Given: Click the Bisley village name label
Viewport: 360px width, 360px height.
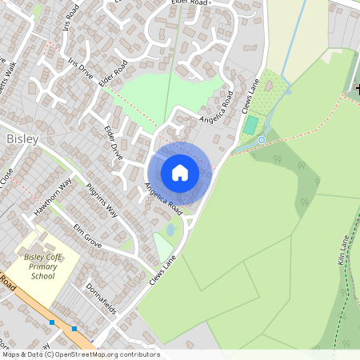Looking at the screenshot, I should coord(22,139).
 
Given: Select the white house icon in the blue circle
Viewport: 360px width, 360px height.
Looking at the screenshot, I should coord(179,172).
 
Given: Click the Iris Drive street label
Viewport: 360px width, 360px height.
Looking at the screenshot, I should coord(81,70).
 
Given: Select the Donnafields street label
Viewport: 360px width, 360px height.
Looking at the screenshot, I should coord(101,298).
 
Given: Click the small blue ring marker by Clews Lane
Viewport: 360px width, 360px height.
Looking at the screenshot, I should coord(261,140).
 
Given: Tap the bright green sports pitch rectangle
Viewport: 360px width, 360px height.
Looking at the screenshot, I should coord(251,125).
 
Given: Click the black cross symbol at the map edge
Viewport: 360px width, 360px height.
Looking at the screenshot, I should coord(357,87).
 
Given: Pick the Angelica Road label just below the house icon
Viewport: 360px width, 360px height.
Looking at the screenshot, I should coord(163,199).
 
